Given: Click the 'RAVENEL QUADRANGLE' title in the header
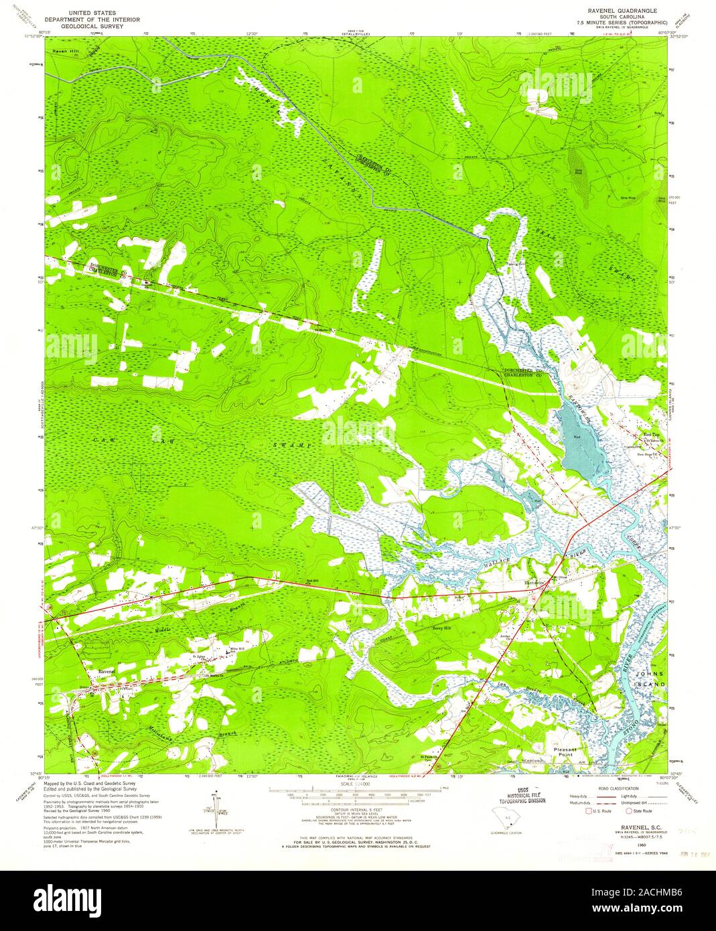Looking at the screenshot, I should (x=622, y=11).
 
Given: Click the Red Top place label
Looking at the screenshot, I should (x=652, y=435).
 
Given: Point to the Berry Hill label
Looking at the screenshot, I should (x=442, y=628).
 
